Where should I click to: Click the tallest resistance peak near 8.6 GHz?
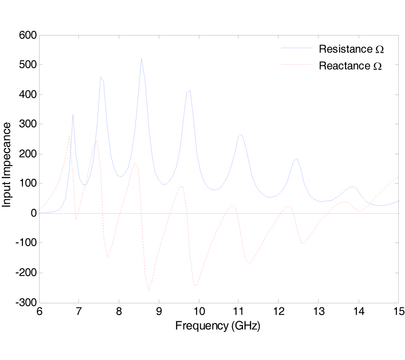(x=141, y=58)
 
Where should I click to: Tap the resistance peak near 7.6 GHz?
(x=101, y=77)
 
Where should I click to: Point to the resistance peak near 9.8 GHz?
(x=190, y=91)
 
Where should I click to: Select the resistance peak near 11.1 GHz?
(x=242, y=134)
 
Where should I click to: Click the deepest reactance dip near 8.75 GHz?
(x=148, y=290)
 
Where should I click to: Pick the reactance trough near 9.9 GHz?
(x=195, y=285)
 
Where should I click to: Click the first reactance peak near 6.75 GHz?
(x=70, y=136)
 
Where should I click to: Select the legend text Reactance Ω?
(x=350, y=66)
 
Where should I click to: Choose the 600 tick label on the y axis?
(x=27, y=35)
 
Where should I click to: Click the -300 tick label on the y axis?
(x=26, y=302)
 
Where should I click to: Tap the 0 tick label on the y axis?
(x=33, y=213)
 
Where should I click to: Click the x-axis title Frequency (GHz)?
(x=218, y=325)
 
